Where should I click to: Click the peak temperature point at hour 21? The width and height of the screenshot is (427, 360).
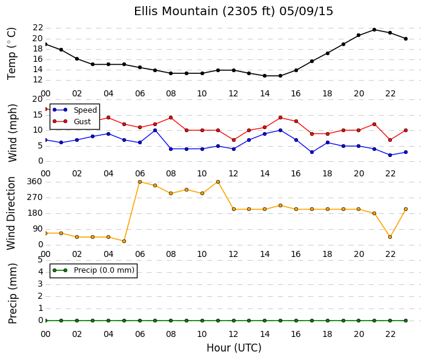coord(374,30)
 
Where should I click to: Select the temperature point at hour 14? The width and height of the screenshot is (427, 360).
coord(265,76)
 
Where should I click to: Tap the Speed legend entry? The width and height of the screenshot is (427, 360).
coord(74,110)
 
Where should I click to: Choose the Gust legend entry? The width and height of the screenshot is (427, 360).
coord(71,122)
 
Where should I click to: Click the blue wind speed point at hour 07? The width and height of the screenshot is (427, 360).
coord(155,130)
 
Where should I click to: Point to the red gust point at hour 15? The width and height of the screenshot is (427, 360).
coord(280,118)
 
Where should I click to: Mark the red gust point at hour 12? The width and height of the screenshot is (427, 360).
coord(234,140)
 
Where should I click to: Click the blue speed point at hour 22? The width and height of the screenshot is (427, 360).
coord(390,155)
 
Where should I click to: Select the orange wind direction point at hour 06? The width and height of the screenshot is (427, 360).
coord(140,182)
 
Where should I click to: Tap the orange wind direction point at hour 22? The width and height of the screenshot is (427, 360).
coord(390,237)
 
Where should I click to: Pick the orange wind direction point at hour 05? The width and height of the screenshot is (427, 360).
coord(124,241)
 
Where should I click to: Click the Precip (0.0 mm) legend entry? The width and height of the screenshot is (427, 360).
coord(93,270)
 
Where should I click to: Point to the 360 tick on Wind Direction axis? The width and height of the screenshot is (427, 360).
coord(35,181)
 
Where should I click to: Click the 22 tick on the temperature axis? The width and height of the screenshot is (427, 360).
coord(38,28)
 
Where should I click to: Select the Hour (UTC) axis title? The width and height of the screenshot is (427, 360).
coord(234,348)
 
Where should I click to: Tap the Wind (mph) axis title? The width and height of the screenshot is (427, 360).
coord(13,133)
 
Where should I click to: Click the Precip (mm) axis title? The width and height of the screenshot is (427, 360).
coord(13,293)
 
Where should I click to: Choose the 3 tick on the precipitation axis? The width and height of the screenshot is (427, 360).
coord(41,284)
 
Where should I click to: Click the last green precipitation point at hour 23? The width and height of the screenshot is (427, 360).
coord(406,321)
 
